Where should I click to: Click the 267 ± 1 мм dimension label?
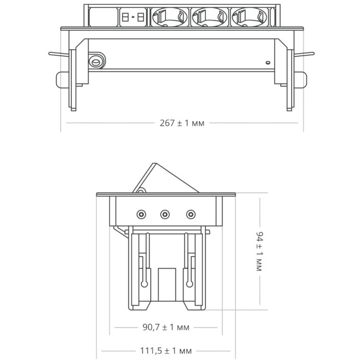182,123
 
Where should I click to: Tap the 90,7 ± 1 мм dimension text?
166,328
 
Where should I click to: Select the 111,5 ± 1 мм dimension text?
166,351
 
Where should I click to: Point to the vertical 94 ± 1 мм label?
260,251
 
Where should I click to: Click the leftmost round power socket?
170,17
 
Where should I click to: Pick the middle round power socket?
209,17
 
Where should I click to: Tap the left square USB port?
125,17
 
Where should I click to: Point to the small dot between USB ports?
133,17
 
